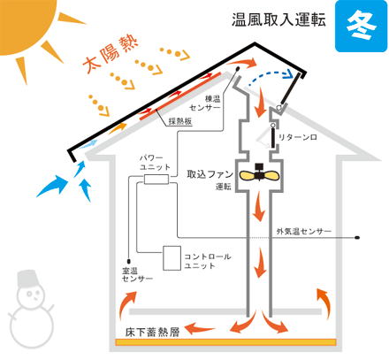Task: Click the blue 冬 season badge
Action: [362, 26]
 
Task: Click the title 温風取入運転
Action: [278, 19]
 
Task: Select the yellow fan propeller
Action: [259, 176]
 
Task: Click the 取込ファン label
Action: [210, 174]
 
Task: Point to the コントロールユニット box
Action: [172, 258]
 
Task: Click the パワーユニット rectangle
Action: [156, 179]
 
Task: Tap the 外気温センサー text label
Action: [304, 232]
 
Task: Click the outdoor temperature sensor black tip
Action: [357, 237]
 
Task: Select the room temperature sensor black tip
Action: [128, 261]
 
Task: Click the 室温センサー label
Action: [137, 274]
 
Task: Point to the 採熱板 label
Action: [180, 121]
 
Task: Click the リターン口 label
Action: [298, 137]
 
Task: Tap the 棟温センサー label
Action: [205, 103]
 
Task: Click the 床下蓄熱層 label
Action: [152, 333]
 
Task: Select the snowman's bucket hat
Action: [28, 278]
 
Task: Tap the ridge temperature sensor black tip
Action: [238, 69]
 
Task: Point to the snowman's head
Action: [32, 295]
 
